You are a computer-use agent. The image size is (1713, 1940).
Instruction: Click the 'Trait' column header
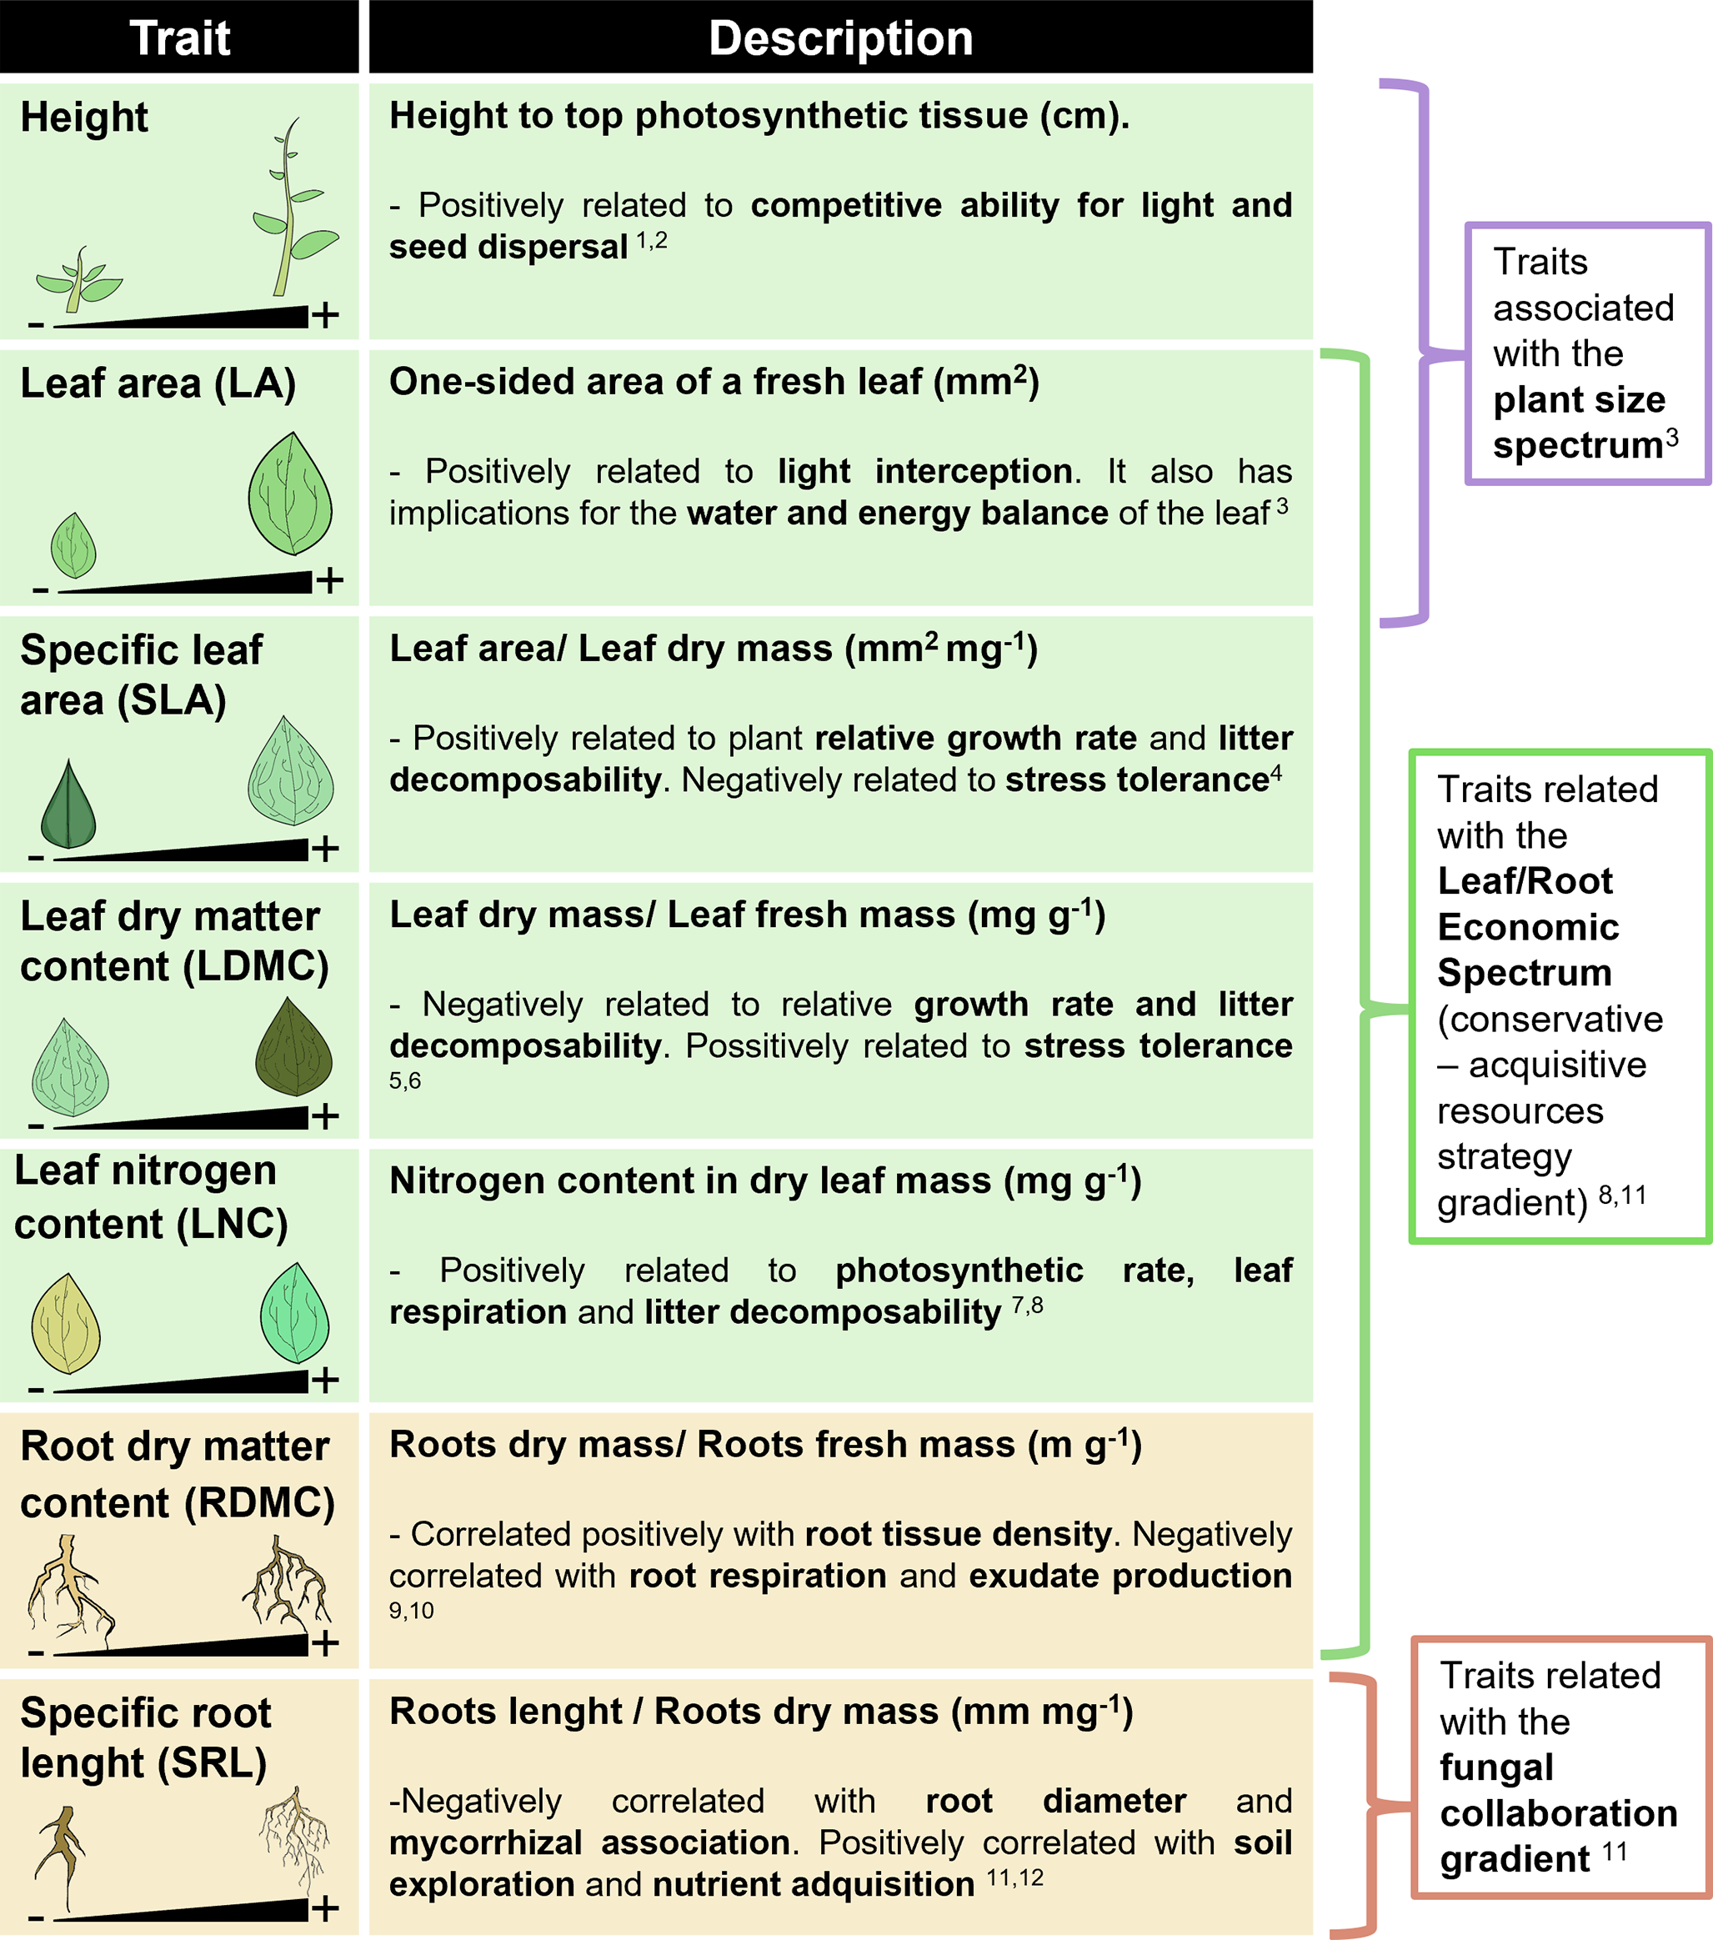(x=179, y=38)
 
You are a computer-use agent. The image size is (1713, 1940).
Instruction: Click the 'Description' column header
(x=841, y=38)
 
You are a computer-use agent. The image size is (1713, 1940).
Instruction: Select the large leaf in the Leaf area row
(x=290, y=494)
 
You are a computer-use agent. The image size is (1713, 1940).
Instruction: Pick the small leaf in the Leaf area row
(x=73, y=546)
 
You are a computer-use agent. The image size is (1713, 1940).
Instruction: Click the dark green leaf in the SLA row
(x=68, y=805)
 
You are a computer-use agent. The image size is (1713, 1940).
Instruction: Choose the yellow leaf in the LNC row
(x=66, y=1323)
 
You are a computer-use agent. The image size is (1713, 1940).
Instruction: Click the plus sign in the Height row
(x=326, y=314)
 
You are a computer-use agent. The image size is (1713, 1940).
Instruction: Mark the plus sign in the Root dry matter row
(x=326, y=1643)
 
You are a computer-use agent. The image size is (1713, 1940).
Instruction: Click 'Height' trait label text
(x=83, y=118)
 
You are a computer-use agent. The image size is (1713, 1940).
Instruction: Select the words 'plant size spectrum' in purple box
(x=1578, y=423)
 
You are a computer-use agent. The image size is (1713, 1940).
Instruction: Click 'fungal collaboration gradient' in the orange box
(x=1556, y=1814)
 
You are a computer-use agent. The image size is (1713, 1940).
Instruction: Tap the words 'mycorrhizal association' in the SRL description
(x=589, y=1842)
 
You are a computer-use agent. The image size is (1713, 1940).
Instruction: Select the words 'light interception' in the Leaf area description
(x=924, y=471)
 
